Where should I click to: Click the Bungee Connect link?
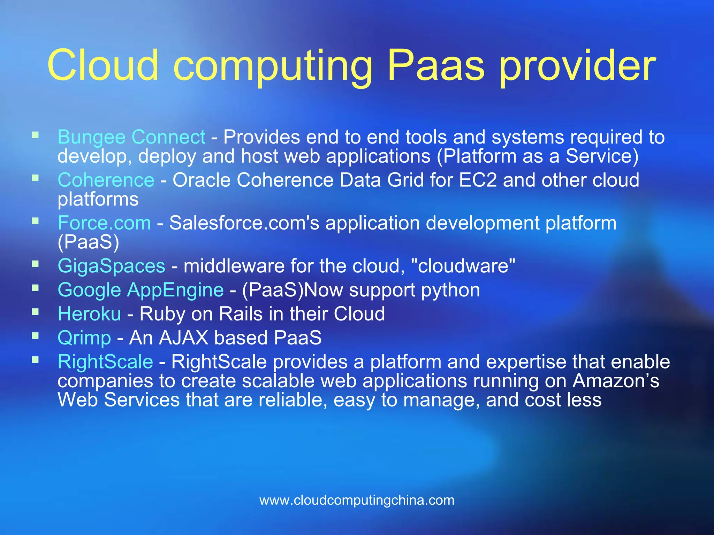131,137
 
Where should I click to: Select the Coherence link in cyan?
106,180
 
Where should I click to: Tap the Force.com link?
104,223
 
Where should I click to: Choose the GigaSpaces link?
111,266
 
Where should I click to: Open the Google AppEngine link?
140,290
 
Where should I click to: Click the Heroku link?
89,314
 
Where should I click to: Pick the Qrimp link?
84,338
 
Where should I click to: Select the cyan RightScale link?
105,362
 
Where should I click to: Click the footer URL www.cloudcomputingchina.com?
357,500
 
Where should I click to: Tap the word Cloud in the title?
103,65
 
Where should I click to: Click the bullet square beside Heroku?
35,312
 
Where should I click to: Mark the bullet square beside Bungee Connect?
35,135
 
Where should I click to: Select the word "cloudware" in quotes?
463,266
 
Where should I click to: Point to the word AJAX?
183,338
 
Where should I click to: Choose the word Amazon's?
616,381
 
